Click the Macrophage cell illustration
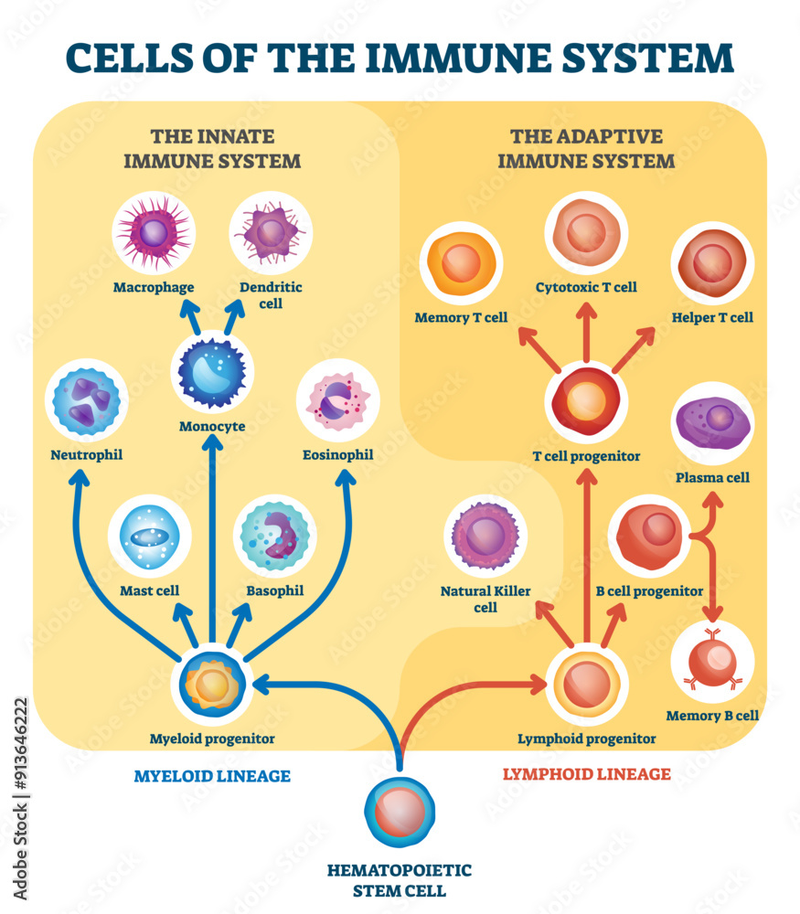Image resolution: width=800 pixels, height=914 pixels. click(154, 234)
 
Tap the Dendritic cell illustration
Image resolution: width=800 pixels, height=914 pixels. click(270, 232)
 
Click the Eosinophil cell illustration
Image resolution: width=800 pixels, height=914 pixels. click(338, 400)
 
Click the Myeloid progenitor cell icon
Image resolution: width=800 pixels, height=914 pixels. click(212, 685)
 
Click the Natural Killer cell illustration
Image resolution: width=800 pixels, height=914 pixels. click(485, 536)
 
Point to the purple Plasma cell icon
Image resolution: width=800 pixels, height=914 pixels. click(713, 423)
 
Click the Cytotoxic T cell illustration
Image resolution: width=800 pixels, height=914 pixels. click(586, 233)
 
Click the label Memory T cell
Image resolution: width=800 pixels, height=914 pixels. click(462, 318)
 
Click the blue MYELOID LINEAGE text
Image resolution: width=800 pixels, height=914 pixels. click(212, 776)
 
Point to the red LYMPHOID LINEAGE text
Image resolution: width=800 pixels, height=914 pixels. click(587, 774)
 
